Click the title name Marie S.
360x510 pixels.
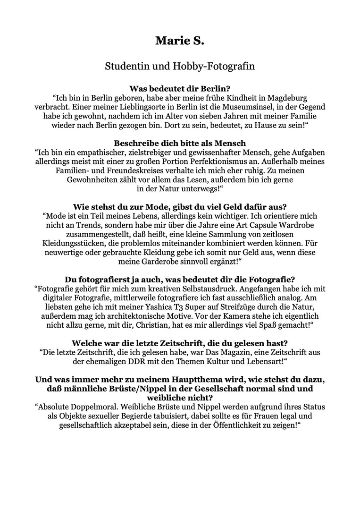point(180,41)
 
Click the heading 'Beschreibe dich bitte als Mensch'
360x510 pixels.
point(180,143)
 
